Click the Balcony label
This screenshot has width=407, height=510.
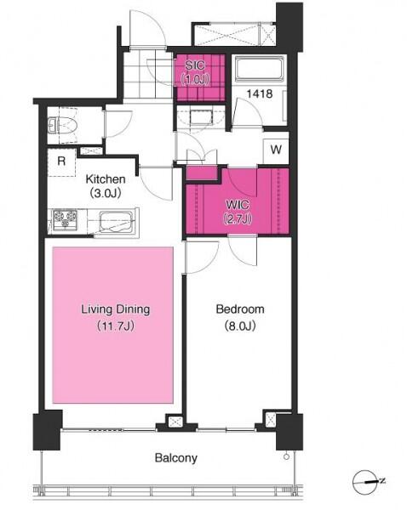coord(176,458)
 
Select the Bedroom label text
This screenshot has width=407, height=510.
coord(240,309)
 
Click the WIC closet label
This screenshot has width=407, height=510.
coord(238,205)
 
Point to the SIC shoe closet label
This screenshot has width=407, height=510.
coord(195,65)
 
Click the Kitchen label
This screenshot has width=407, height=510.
coord(106,178)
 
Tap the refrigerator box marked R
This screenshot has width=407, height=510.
coord(61,162)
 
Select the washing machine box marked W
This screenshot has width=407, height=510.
coord(276,150)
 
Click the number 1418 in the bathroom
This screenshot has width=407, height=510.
coord(260,94)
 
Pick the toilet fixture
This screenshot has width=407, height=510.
coord(63,125)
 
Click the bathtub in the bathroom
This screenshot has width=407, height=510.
coord(260,69)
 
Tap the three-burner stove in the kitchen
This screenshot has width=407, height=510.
coord(66,219)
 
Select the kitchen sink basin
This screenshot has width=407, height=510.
coord(116,222)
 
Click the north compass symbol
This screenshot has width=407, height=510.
coord(368,481)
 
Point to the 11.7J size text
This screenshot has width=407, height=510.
coord(116,326)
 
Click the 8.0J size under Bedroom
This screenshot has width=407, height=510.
coord(240,326)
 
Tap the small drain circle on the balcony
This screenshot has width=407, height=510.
coord(286,456)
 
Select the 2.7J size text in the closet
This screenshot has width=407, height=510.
coord(238,219)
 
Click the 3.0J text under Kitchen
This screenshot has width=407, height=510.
coord(106,194)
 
